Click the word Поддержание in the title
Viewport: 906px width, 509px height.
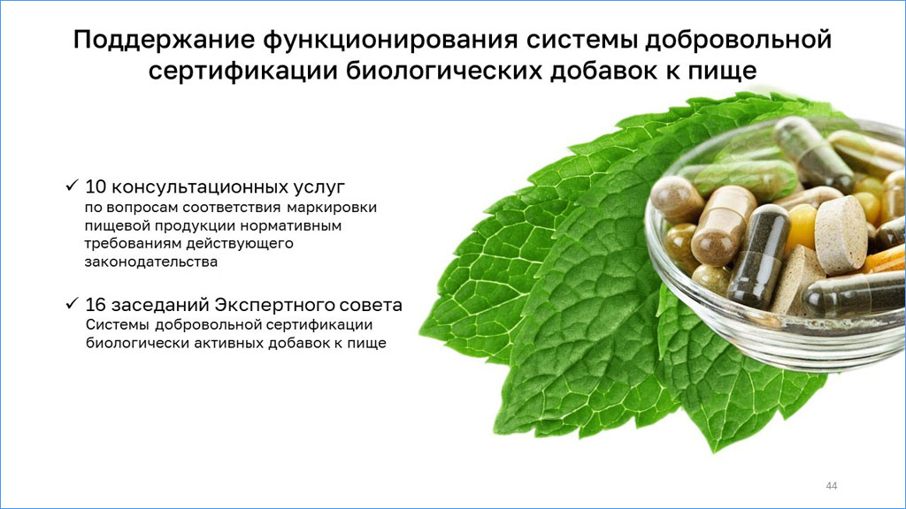[x=164, y=40]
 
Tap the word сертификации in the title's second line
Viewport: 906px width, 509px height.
[x=243, y=72]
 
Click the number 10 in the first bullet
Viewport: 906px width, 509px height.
[x=96, y=187]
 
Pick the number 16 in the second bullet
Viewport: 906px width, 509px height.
[x=96, y=305]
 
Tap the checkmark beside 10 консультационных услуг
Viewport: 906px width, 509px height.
[x=72, y=186]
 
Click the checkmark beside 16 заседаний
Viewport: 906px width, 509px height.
[x=72, y=304]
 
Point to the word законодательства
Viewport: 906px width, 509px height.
[x=151, y=262]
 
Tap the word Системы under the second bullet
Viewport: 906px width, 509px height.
[x=118, y=325]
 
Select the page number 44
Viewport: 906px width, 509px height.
[x=832, y=486]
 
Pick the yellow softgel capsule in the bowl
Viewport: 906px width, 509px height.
[x=802, y=228]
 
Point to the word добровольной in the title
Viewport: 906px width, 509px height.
[x=739, y=40]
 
